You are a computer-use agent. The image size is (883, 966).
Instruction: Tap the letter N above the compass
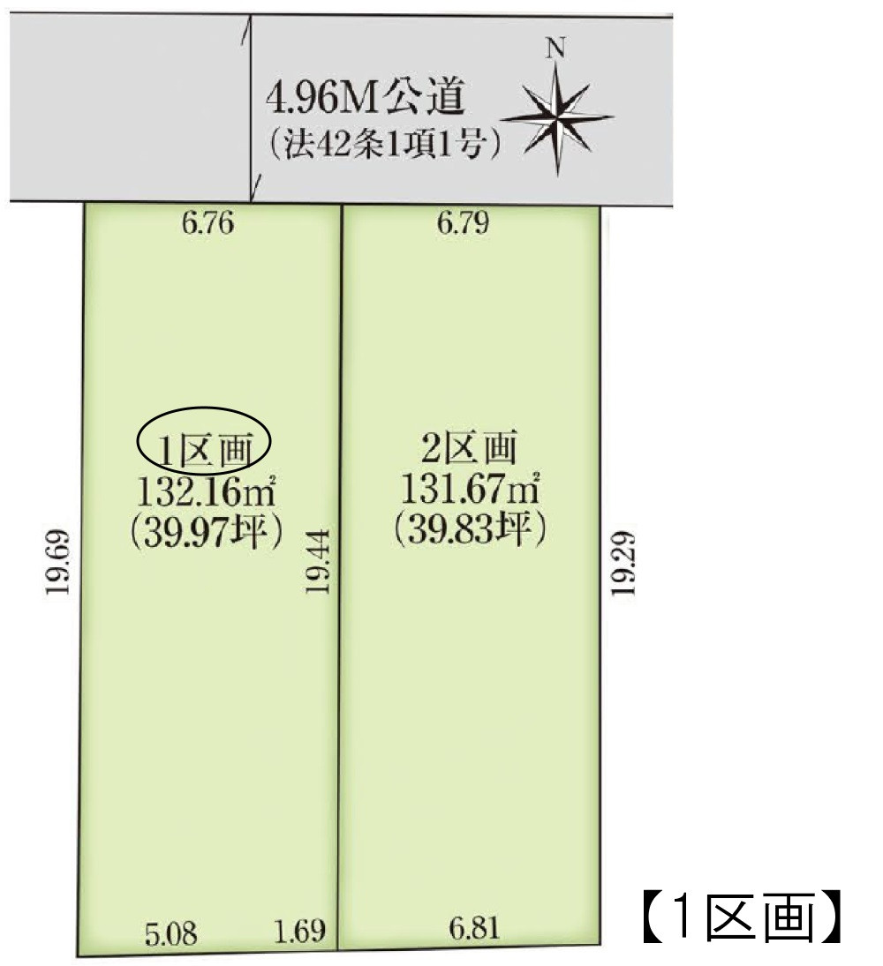[555, 49]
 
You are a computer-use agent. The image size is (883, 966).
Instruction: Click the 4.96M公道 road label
[366, 98]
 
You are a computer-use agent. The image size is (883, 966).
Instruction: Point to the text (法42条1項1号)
[376, 143]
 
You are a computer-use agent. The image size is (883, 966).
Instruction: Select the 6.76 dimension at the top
[208, 224]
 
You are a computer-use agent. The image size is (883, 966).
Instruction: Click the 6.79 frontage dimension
[464, 224]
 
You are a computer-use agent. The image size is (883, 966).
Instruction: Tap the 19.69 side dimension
[57, 563]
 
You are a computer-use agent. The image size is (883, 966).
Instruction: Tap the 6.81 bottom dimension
[474, 928]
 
